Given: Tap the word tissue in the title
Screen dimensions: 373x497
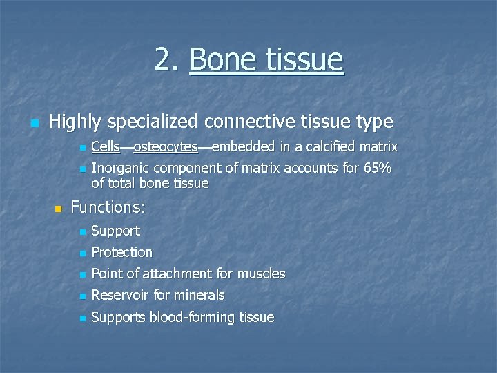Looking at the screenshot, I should click(304, 60).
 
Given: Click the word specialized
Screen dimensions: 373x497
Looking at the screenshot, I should click(152, 122).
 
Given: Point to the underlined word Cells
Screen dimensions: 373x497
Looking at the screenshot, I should click(105, 146).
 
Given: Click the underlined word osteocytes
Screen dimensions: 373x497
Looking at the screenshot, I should click(165, 146).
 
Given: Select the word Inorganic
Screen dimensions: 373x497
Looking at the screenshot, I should click(120, 168).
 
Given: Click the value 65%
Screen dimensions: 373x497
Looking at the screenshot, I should click(377, 168).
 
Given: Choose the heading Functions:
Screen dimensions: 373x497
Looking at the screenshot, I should click(108, 207).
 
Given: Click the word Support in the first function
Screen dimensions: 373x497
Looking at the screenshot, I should click(115, 231).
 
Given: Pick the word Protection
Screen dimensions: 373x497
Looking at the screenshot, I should click(121, 252).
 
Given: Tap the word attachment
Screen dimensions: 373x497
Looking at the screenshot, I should click(178, 274).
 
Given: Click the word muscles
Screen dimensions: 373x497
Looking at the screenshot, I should click(261, 274).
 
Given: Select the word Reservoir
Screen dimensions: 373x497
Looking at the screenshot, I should click(120, 295).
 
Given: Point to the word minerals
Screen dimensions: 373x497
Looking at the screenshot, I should click(199, 295).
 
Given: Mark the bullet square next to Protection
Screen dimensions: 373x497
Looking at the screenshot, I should click(82, 253).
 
